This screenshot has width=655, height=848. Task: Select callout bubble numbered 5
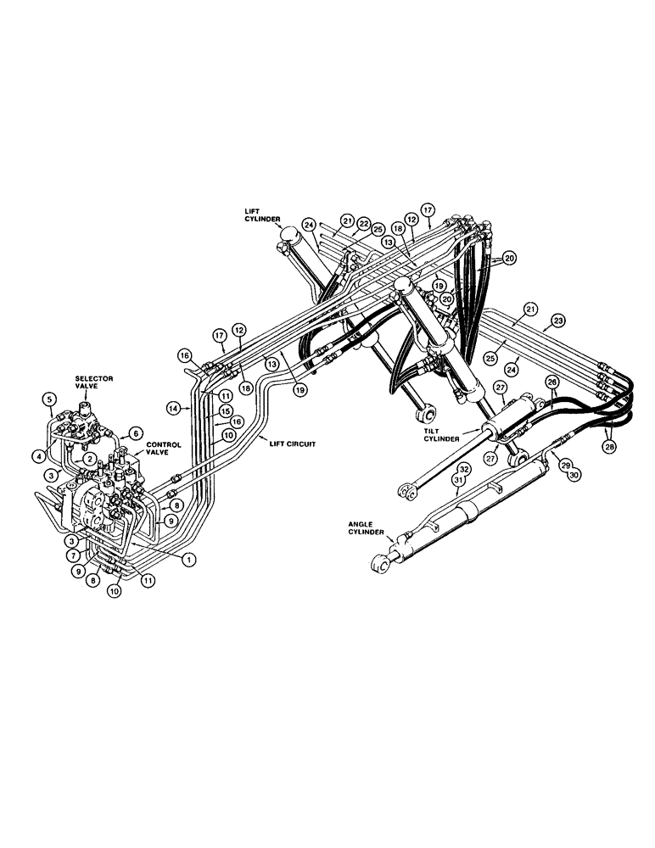[49, 399]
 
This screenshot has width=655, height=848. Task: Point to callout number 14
[176, 409]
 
